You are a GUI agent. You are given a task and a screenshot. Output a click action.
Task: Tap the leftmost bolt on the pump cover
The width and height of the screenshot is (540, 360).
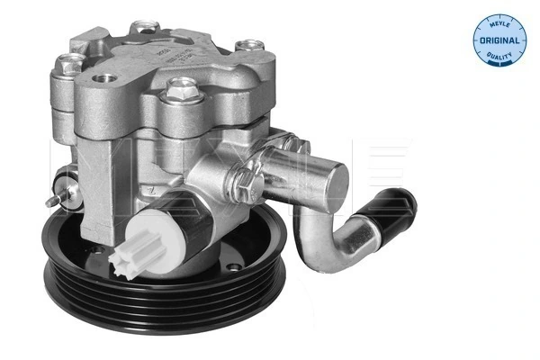click(x=69, y=64)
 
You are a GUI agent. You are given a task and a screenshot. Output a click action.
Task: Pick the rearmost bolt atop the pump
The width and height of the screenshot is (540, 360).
click(x=142, y=30)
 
